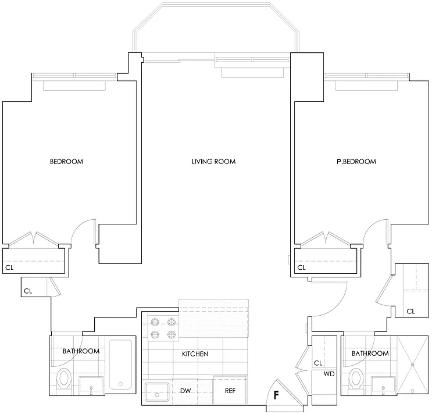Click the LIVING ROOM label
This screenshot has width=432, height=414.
tap(213, 162)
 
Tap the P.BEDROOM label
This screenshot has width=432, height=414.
tap(356, 162)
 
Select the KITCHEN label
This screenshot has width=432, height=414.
tap(195, 354)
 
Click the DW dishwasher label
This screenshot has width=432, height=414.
tap(185, 391)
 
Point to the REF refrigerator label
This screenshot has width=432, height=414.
tap(230, 391)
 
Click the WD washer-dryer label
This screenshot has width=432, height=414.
tap(329, 374)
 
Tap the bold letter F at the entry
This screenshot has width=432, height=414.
tap(276, 395)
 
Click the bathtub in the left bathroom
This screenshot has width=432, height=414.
tap(120, 365)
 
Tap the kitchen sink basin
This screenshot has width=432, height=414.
tap(157, 391)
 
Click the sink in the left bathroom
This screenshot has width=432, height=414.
tap(91, 386)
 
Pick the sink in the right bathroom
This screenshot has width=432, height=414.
tap(383, 386)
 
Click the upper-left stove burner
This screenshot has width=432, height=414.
tap(155, 322)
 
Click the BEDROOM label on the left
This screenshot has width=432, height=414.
tap(66, 162)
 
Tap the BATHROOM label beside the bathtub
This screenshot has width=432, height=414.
tap(81, 351)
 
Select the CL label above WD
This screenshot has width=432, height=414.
tap(318, 363)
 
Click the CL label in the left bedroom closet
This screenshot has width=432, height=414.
tap(9, 267)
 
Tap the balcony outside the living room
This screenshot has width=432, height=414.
tap(216, 27)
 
